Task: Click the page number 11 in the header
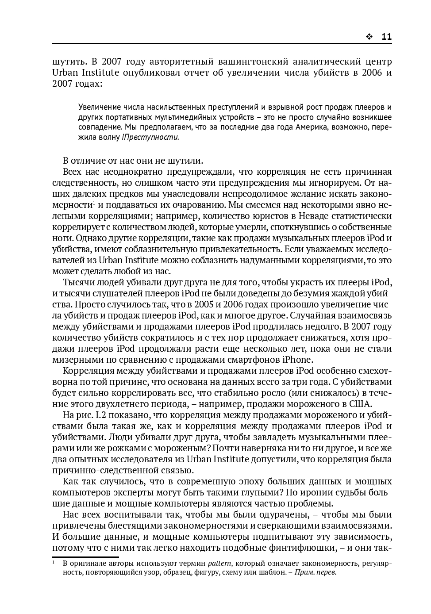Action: point(386,37)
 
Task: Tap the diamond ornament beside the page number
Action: point(369,37)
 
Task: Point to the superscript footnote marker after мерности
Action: point(93,203)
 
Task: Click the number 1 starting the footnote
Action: point(54,563)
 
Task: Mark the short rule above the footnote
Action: point(85,557)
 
